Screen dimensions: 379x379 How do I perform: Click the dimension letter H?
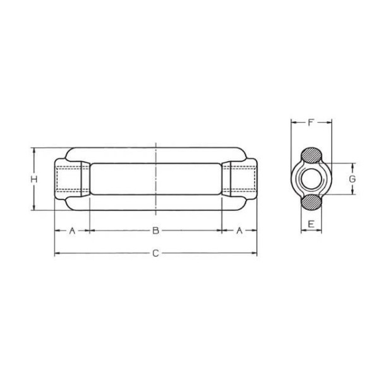34,179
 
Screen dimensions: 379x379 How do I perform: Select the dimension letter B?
155,231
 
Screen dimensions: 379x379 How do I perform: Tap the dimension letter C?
155,253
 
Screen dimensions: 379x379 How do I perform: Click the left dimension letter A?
72,231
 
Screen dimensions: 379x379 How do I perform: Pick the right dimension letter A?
239,231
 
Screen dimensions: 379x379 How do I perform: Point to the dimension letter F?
311,123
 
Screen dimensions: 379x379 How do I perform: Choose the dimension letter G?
352,179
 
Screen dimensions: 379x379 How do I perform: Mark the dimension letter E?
311,224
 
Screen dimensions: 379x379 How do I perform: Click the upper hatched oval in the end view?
311,155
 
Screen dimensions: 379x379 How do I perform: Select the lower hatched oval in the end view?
311,202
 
